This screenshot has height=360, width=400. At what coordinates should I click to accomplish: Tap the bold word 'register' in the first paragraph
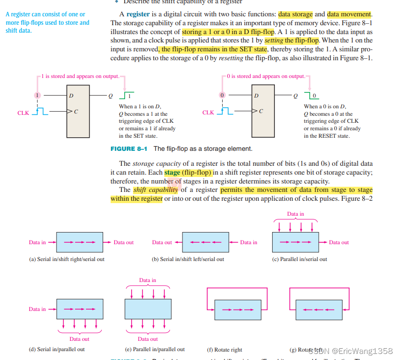tap(138, 14)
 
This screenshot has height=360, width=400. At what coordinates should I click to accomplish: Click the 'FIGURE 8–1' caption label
tap(129, 148)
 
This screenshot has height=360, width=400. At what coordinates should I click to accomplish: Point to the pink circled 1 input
tap(38, 95)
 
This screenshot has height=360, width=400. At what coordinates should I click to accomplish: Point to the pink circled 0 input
tap(223, 95)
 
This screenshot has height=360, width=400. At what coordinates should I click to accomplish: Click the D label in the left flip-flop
tap(71, 96)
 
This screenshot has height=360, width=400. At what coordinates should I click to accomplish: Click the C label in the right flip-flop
tap(261, 111)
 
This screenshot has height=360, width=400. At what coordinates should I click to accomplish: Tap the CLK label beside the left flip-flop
tap(23, 113)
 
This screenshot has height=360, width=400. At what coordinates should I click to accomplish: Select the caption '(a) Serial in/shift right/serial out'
tap(67, 259)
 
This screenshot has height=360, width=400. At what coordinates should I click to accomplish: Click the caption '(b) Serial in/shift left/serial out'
tap(188, 259)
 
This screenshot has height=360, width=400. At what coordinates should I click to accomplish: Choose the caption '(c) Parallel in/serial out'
tap(300, 259)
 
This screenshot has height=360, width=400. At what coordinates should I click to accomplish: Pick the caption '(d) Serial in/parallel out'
tap(57, 349)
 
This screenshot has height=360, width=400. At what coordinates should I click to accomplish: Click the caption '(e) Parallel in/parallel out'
tap(154, 349)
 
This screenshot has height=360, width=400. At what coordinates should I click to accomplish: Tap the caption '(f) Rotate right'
tap(225, 350)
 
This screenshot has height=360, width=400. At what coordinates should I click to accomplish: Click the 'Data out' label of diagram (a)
tap(124, 242)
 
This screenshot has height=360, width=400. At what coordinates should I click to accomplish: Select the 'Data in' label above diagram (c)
tap(295, 214)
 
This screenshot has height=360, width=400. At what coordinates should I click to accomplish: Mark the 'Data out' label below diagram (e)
tap(147, 339)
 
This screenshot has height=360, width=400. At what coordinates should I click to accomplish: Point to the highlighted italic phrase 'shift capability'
tap(155, 190)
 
